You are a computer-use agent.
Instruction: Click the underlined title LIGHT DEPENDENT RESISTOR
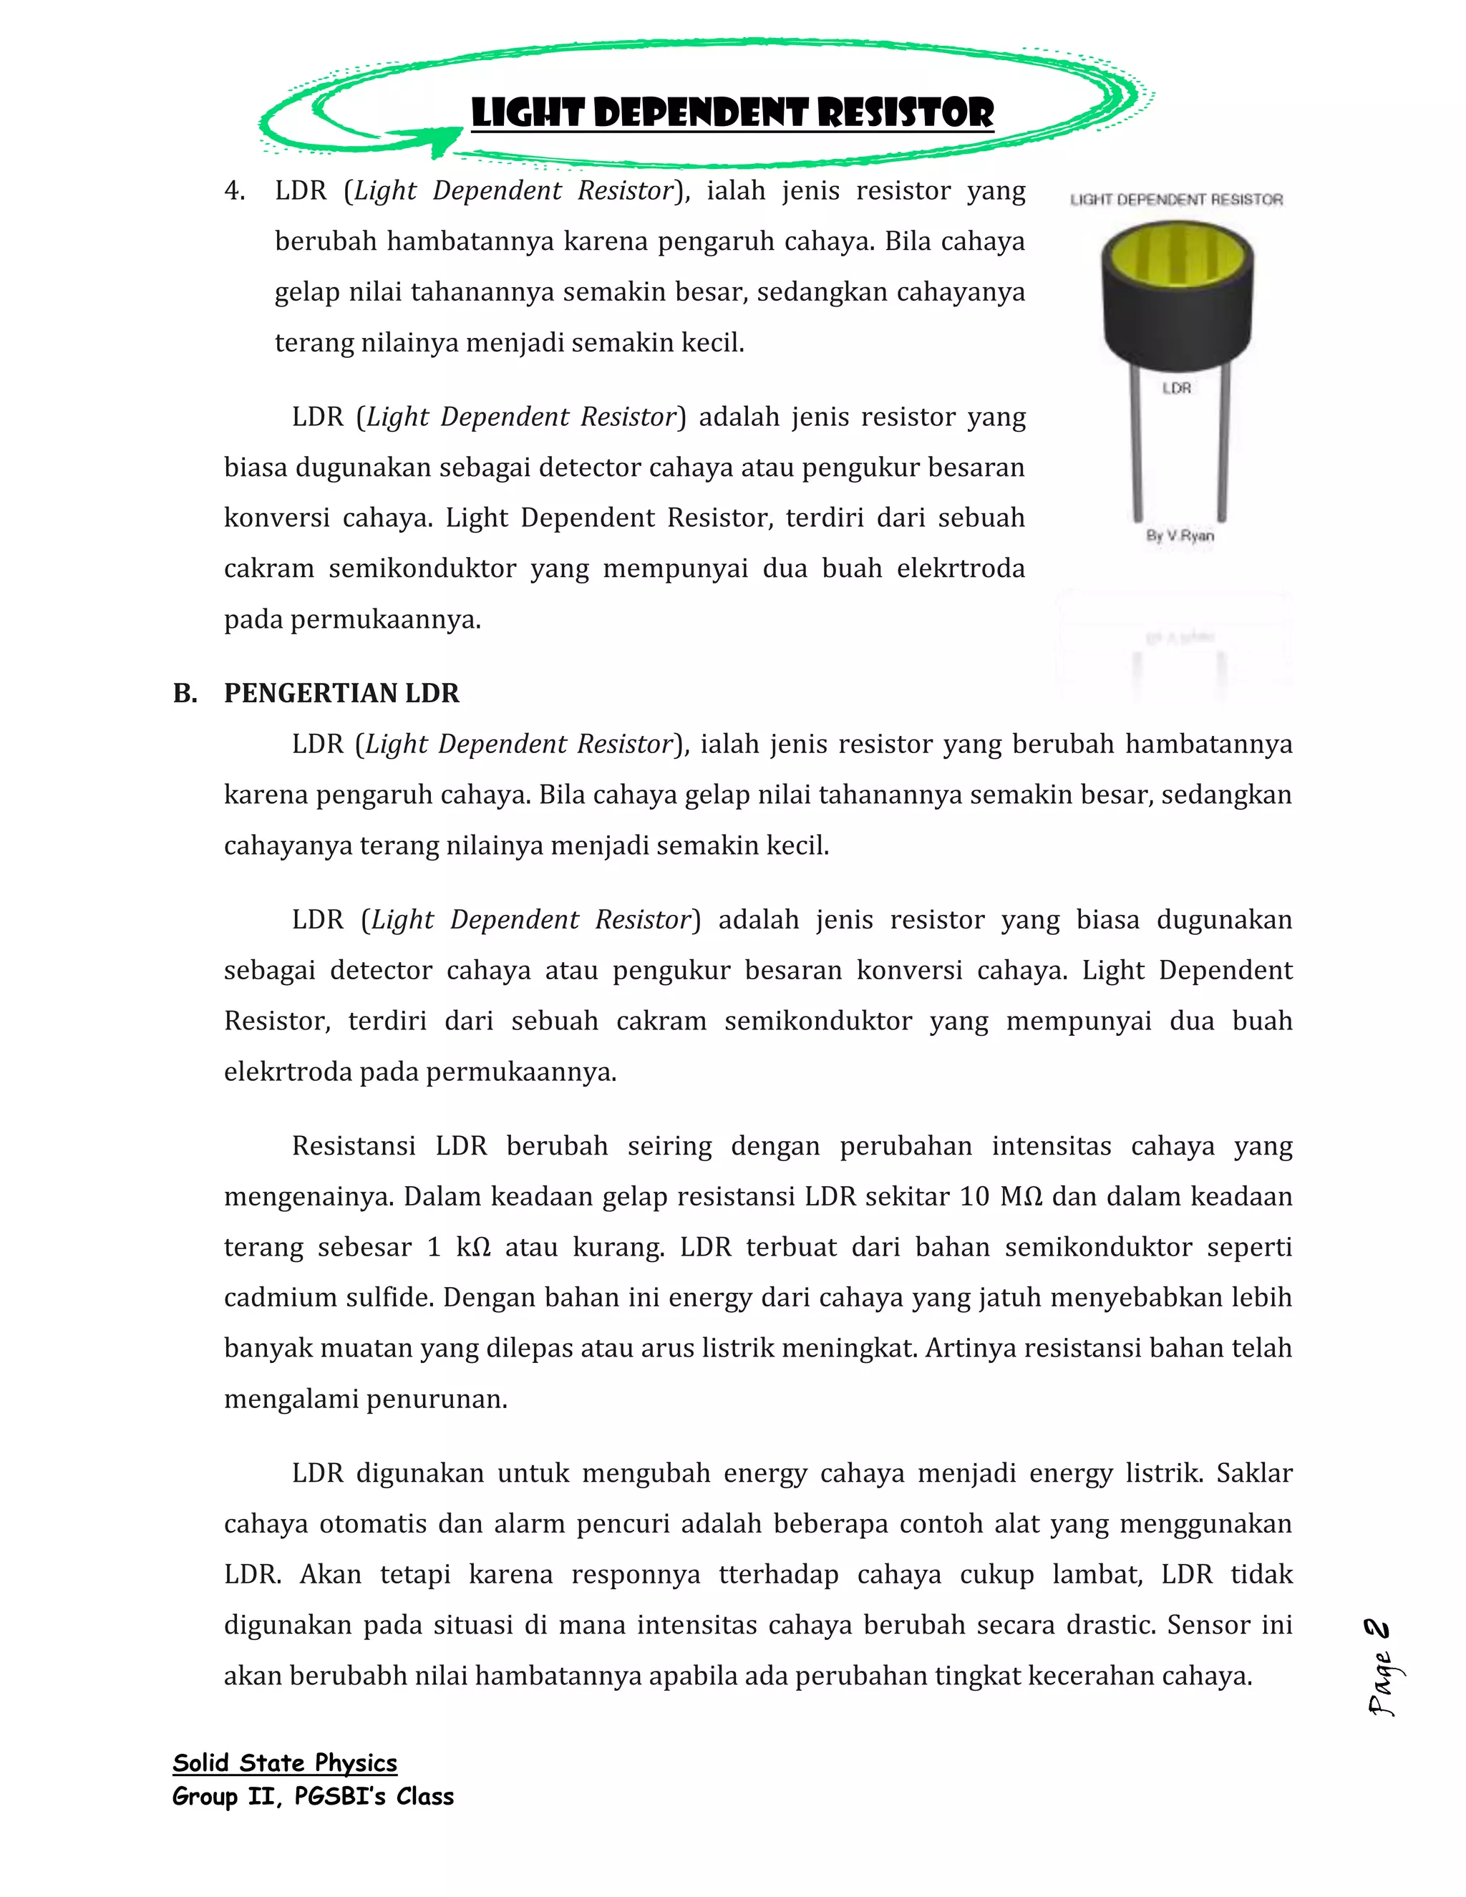point(732,113)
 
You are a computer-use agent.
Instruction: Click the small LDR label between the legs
point(1177,388)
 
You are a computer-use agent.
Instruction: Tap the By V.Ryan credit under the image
point(1180,536)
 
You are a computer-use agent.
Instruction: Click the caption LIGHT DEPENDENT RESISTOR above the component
point(1176,200)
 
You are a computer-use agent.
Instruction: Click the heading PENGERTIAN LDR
point(341,693)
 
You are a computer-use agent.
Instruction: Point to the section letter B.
point(184,693)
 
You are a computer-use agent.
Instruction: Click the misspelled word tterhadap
point(778,1575)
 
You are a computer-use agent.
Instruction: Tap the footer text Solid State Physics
point(285,1762)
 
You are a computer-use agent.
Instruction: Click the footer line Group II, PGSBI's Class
point(313,1796)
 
